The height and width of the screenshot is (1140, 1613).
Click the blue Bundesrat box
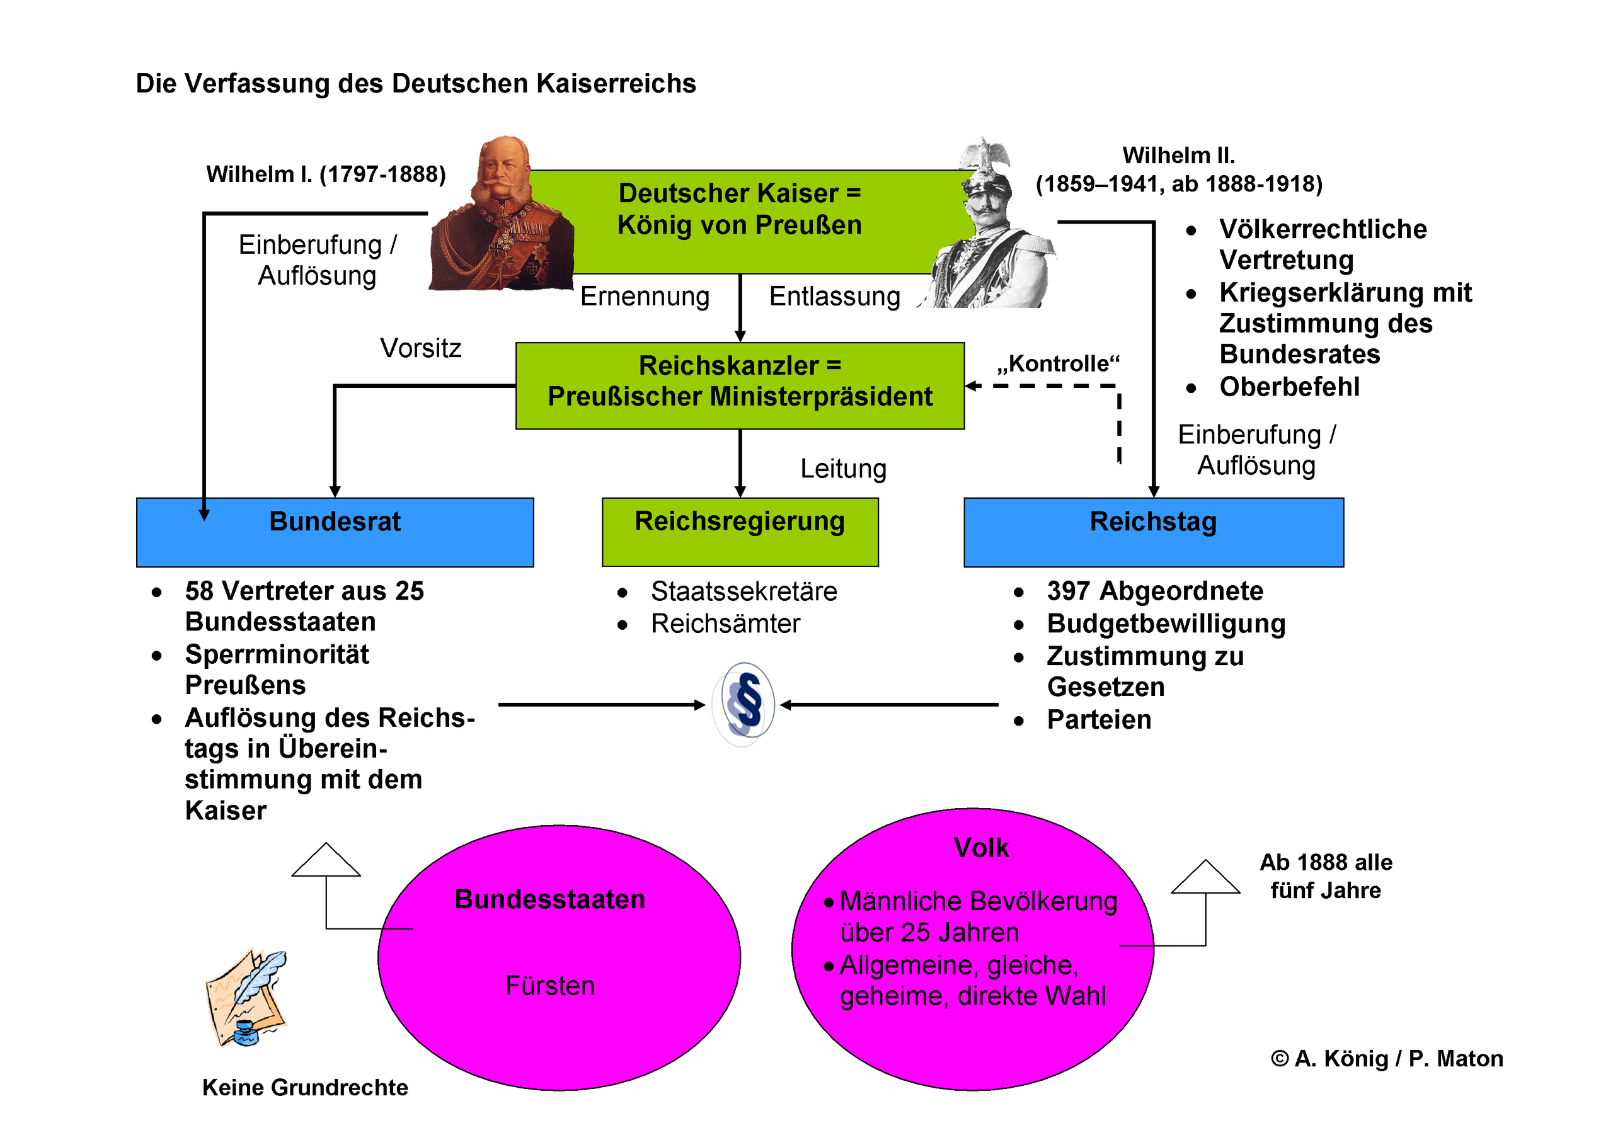pos(335,532)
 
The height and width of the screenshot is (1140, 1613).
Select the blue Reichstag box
pos(1153,532)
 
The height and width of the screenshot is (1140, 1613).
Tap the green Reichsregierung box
pos(740,532)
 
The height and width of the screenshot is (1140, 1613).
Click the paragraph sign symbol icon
pos(744,704)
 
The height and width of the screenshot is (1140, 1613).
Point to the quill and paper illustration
pos(246,998)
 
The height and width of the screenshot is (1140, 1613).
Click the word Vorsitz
pos(420,348)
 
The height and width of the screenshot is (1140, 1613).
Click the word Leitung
pos(843,469)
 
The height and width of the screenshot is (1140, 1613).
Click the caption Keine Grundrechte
pos(305,1087)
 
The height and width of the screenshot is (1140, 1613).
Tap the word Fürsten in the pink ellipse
pos(549,986)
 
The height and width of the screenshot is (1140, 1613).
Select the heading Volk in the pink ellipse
pos(981,848)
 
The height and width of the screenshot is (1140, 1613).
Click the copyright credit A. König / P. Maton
pos(1387,1059)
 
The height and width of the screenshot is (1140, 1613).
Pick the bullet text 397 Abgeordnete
pos(1154,591)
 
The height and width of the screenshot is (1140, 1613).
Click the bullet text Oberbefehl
pos(1289,387)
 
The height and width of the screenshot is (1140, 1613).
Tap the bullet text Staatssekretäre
pos(743,591)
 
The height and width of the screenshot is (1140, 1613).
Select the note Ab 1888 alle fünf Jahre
pos(1325,876)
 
